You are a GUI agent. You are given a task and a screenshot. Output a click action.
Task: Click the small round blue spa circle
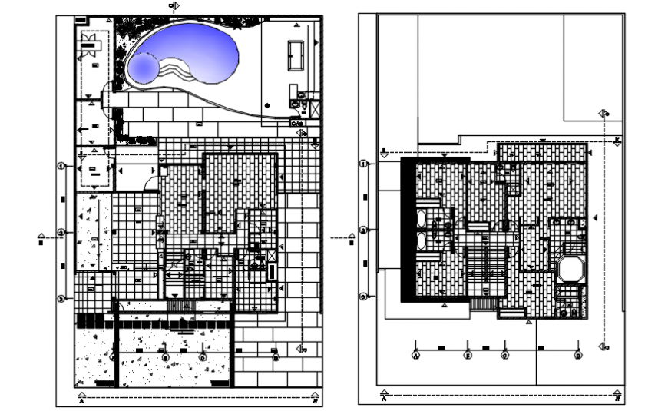[144, 68]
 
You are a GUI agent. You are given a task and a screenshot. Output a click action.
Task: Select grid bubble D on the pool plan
[276, 356]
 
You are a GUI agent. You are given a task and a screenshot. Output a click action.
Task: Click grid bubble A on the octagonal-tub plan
[415, 356]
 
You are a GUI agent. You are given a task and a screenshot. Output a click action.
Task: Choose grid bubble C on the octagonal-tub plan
[504, 356]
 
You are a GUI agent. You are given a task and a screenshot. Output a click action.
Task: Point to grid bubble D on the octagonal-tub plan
[577, 356]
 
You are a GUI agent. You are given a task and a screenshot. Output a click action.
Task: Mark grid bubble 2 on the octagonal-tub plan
[363, 230]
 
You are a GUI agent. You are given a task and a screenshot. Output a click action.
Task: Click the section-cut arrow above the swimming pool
[174, 6]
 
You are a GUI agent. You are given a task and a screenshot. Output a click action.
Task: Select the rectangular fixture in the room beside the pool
[295, 54]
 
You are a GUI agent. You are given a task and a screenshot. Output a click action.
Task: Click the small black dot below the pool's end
[266, 104]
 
